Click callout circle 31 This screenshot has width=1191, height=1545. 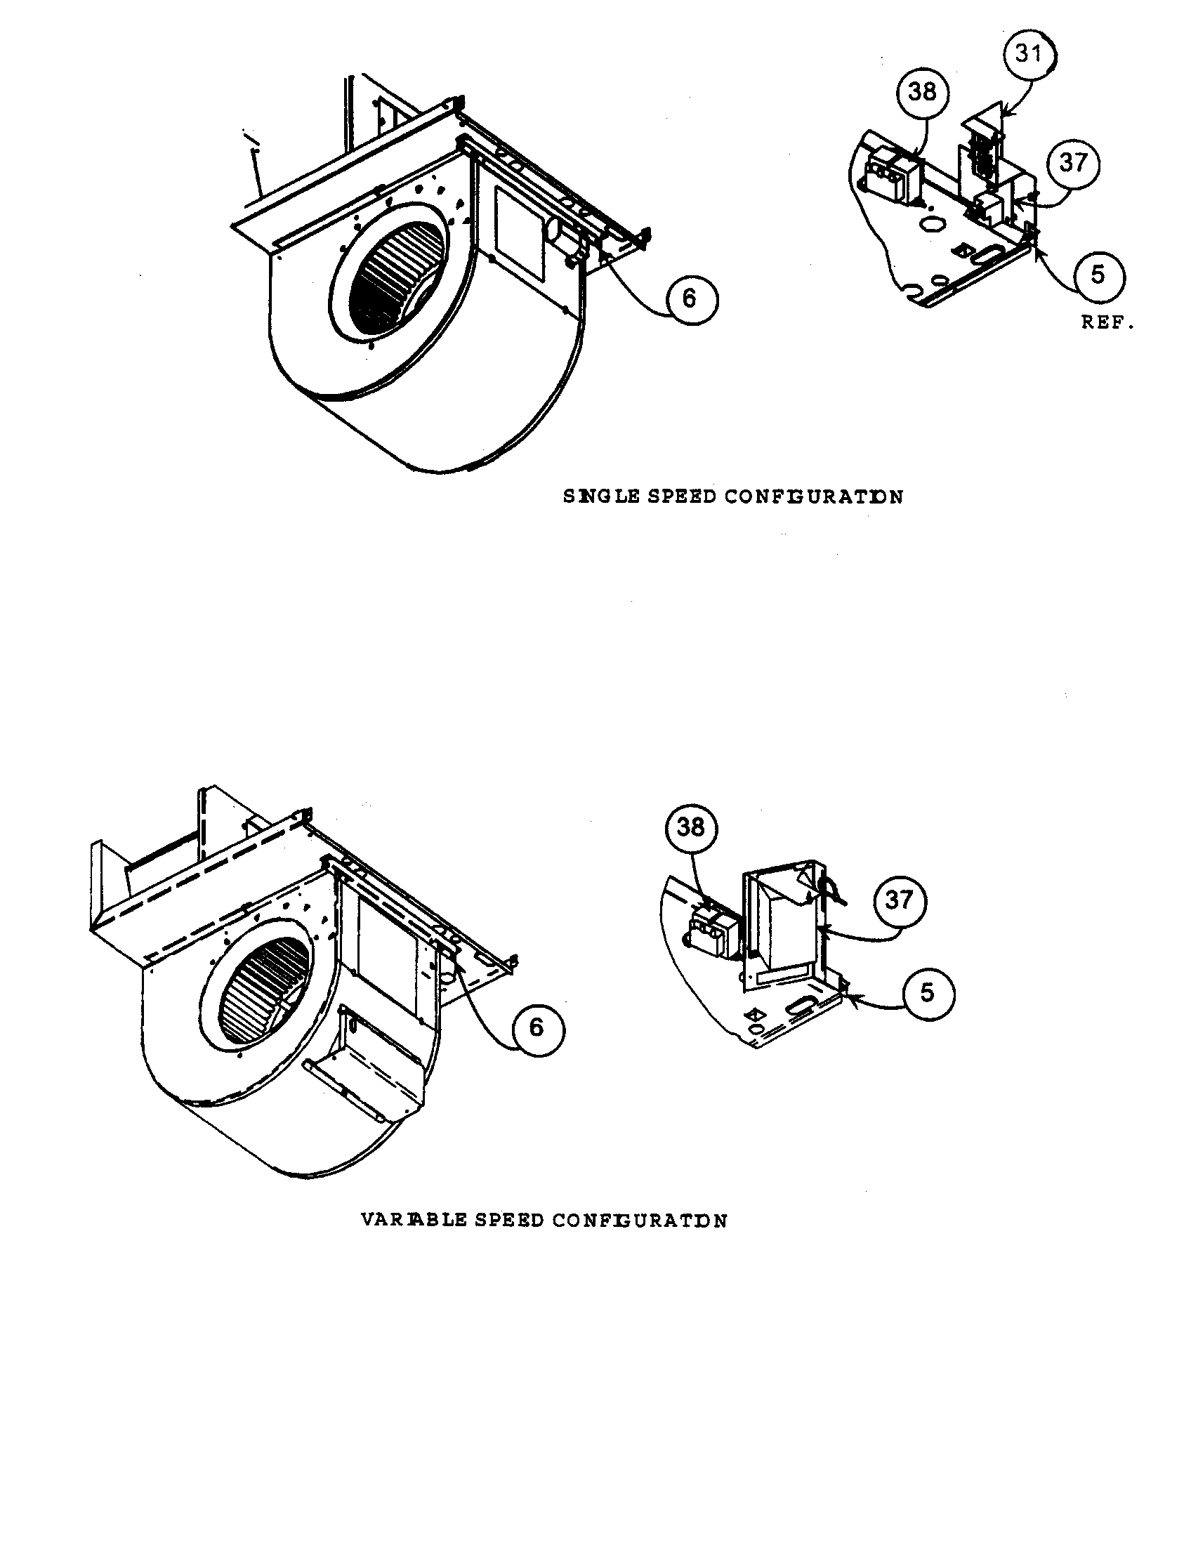tap(1028, 54)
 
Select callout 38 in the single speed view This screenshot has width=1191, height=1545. tap(921, 92)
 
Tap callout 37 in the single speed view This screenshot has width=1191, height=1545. tap(1073, 164)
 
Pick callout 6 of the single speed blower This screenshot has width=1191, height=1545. tap(689, 299)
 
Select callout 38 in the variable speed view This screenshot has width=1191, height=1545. tap(690, 827)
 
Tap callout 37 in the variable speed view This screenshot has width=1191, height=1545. tap(898, 900)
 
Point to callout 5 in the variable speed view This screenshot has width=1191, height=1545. tap(926, 993)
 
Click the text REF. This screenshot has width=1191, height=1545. tap(1107, 323)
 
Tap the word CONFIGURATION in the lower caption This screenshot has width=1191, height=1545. tap(639, 1221)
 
